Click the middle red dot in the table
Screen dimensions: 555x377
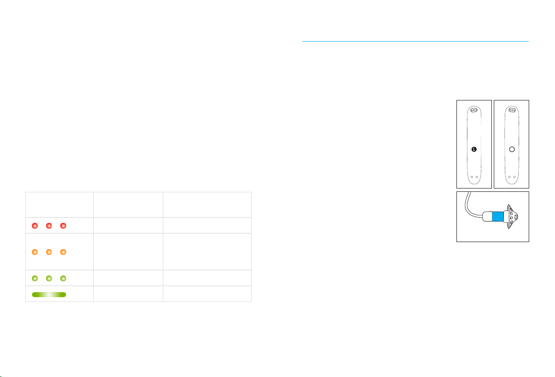tap(49, 226)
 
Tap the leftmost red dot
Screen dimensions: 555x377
tap(34, 226)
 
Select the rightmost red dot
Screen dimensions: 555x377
tap(63, 226)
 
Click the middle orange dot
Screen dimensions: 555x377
tap(49, 252)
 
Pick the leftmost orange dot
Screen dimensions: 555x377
tap(34, 252)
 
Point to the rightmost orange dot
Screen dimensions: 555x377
tap(63, 252)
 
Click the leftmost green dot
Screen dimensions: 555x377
tap(34, 278)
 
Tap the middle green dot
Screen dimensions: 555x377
tap(49, 278)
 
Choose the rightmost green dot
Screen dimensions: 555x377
tap(63, 278)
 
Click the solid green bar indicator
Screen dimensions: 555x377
tap(49, 295)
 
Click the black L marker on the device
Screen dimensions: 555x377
tap(474, 149)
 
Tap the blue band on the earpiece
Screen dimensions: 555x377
tap(498, 217)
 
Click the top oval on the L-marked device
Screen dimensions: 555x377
tap(474, 110)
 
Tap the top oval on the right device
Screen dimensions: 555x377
tap(512, 110)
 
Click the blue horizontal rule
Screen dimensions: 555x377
tap(415, 42)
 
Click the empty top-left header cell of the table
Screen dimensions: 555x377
tap(59, 205)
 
